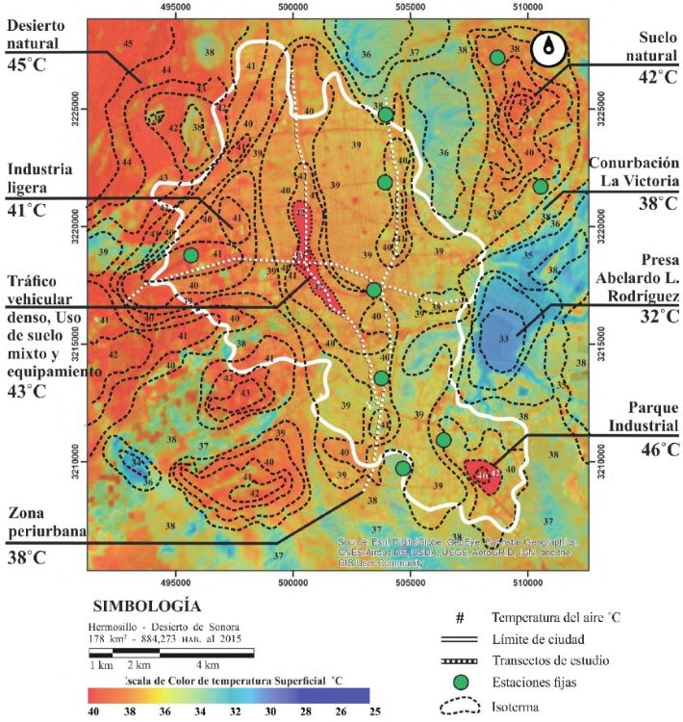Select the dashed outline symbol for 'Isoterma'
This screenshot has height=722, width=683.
(x=459, y=705)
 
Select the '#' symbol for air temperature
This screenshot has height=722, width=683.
(x=459, y=616)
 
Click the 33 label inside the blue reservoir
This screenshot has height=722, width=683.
(x=503, y=340)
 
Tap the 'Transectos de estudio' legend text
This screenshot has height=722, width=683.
(x=550, y=661)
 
